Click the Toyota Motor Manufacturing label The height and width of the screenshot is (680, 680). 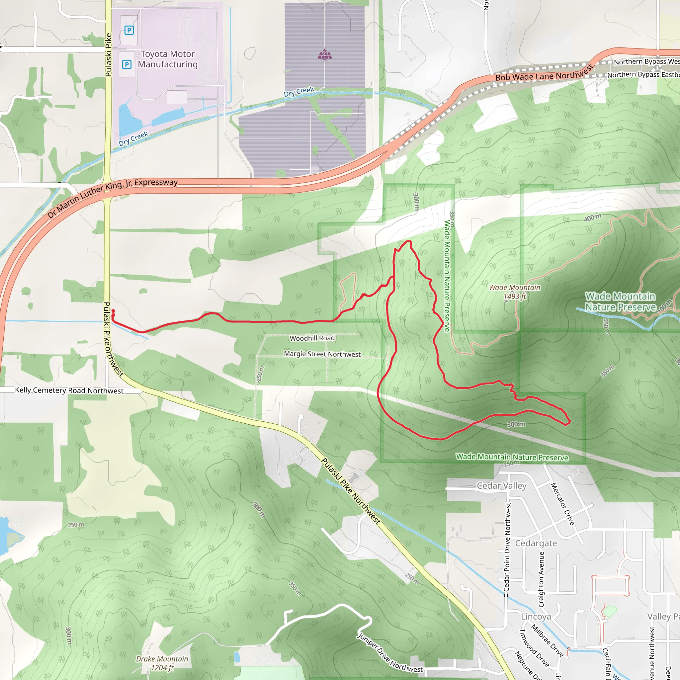tap(168, 59)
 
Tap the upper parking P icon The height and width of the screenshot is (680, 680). tap(129, 30)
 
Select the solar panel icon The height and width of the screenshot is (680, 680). tap(324, 55)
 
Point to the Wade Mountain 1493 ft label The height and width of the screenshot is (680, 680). tap(514, 292)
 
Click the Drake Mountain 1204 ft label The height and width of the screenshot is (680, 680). tap(162, 663)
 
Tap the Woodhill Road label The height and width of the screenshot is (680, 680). tap(312, 338)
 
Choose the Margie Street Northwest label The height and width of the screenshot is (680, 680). tap(322, 354)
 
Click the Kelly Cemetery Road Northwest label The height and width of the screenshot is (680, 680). tap(69, 390)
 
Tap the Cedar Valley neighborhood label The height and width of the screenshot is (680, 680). tap(502, 486)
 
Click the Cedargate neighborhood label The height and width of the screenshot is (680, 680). tap(536, 544)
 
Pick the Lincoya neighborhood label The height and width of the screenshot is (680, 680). tap(536, 617)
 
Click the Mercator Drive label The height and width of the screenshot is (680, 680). tap(562, 504)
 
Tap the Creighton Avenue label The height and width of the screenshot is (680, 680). tap(541, 579)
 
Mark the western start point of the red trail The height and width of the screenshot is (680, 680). tap(113, 311)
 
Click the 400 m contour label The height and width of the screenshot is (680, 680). tap(593, 218)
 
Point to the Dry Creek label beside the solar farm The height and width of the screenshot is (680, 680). tap(299, 92)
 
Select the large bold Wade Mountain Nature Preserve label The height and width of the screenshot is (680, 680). tap(620, 301)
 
